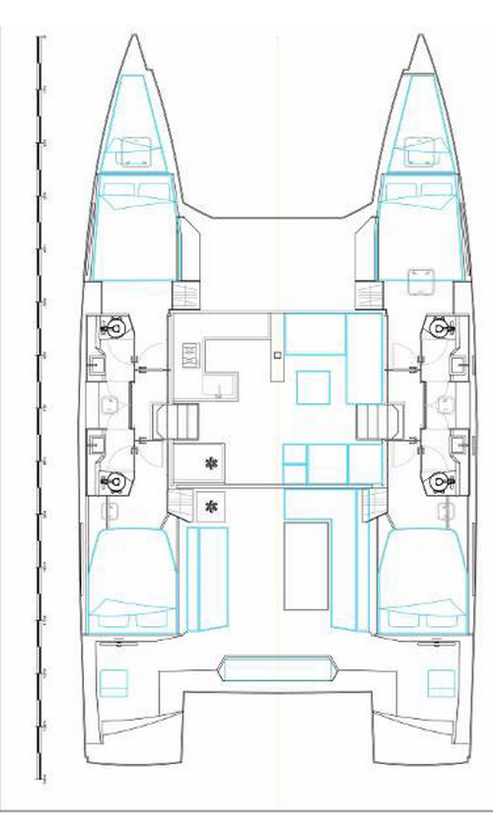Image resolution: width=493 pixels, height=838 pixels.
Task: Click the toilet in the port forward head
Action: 115,326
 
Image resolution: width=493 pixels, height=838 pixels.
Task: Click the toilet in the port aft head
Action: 115,481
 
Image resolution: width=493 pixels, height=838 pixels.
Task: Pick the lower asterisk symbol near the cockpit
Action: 209,506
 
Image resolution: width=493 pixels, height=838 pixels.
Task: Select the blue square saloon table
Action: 314,384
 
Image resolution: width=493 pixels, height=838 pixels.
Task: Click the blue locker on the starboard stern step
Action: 442,680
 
